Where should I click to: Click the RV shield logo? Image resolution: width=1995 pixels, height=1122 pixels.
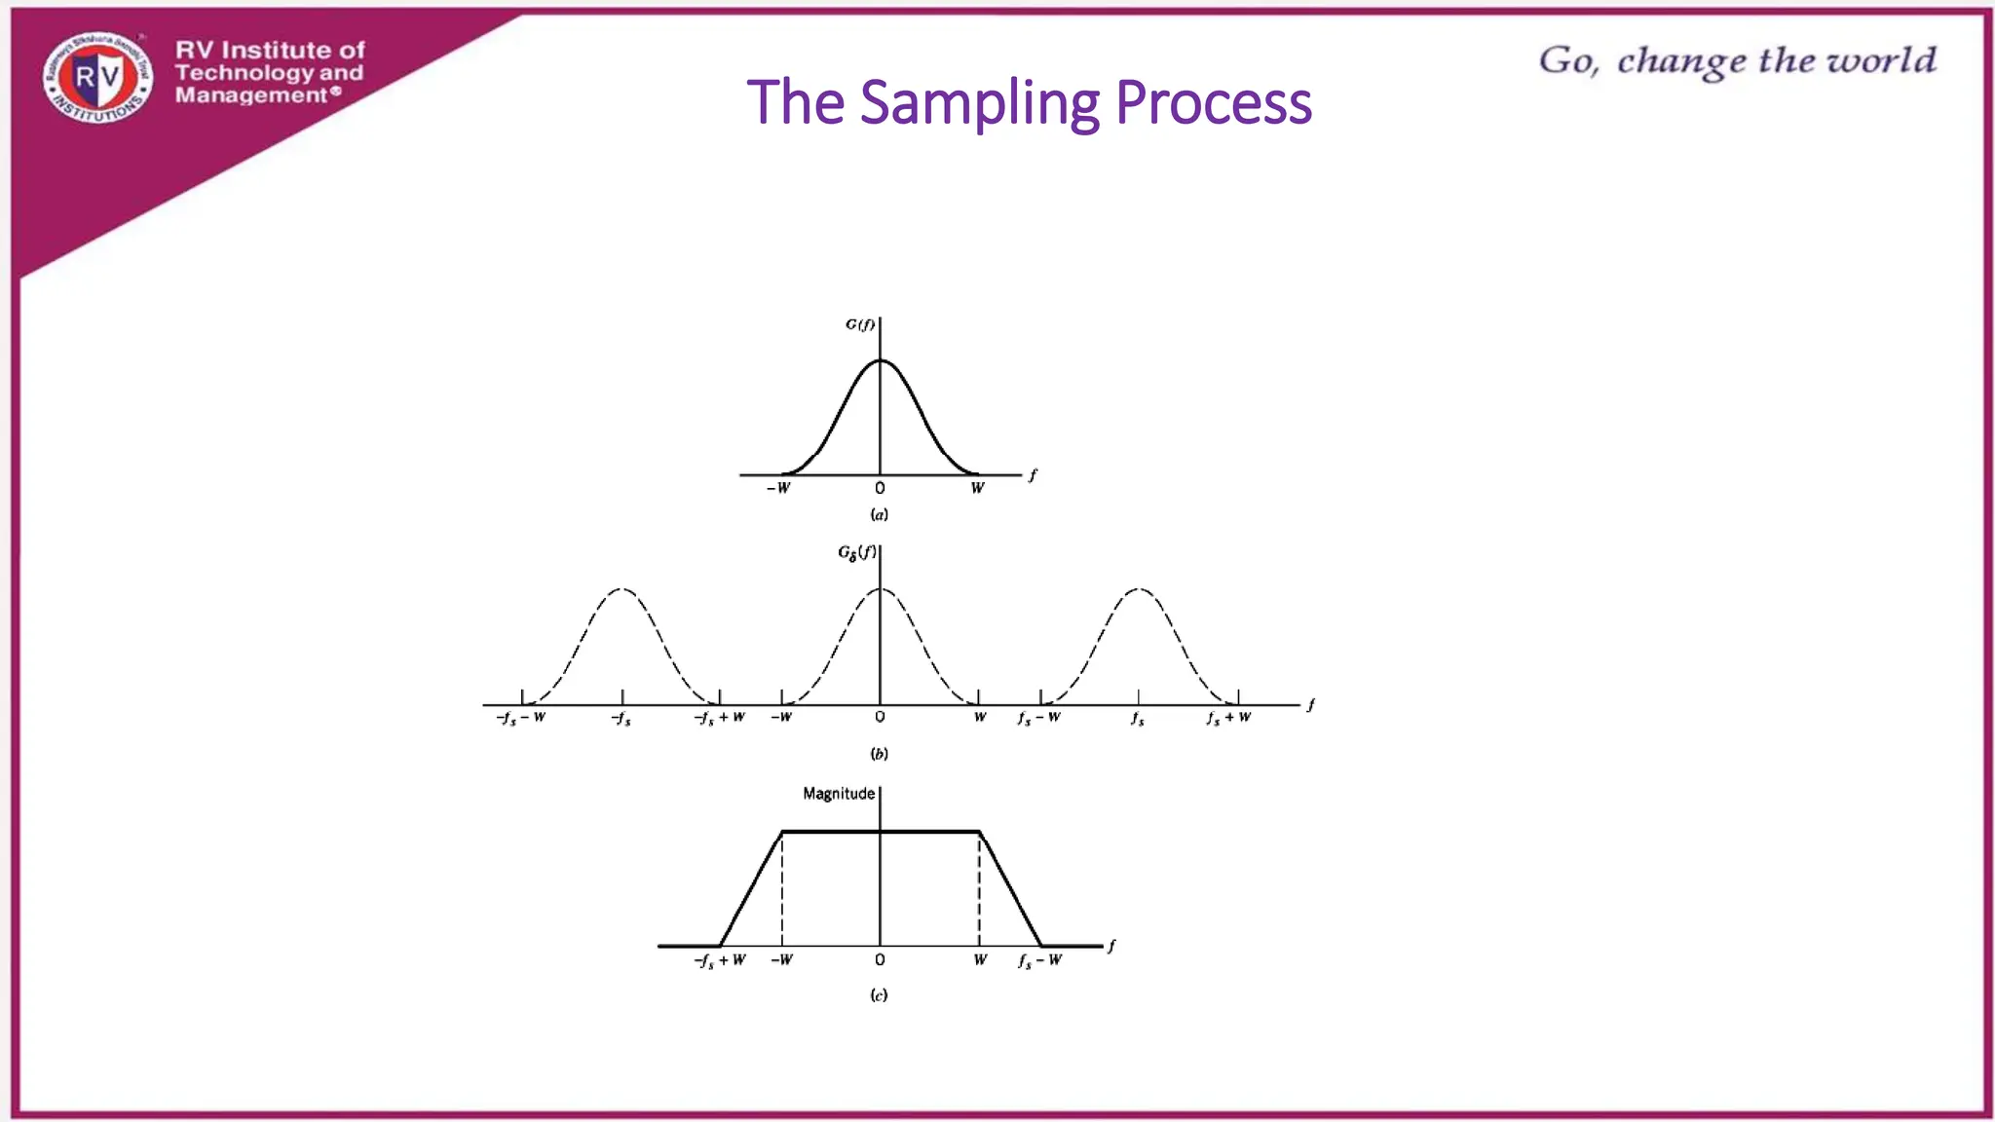[x=97, y=78]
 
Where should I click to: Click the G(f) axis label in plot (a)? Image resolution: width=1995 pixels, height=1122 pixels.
[x=860, y=324]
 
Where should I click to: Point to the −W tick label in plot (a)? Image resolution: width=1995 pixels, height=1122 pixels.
[x=778, y=488]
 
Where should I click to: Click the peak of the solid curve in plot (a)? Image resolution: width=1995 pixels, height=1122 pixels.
[x=880, y=361]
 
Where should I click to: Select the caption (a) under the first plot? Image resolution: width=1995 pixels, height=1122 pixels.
[x=880, y=514]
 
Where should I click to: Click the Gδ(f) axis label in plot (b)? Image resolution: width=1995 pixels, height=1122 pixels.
[x=857, y=553]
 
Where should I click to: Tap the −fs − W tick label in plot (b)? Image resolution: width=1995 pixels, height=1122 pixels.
[x=521, y=719]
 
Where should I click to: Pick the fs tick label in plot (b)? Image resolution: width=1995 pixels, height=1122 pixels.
[x=1138, y=719]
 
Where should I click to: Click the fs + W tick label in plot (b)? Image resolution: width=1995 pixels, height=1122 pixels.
[x=1228, y=719]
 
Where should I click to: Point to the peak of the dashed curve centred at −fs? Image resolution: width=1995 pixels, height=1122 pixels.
[x=622, y=589]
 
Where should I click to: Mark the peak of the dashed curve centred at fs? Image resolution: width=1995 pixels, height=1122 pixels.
[x=1139, y=589]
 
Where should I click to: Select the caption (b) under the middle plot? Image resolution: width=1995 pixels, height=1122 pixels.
[x=880, y=753]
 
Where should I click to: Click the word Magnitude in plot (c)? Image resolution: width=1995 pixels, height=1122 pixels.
[x=839, y=794]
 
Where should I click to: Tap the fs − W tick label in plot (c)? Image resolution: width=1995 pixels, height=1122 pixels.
[x=1039, y=960]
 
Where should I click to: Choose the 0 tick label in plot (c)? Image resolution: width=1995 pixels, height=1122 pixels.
[x=880, y=960]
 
